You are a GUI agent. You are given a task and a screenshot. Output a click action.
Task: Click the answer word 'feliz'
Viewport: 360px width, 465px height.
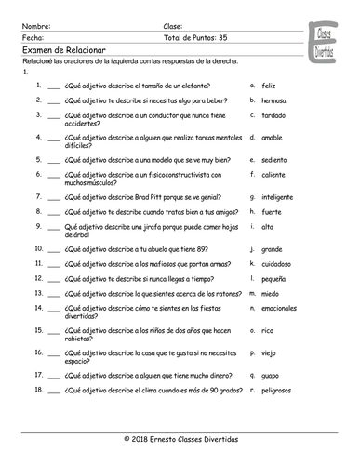coord(268,84)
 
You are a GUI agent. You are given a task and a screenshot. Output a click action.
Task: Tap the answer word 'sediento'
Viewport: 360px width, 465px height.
coord(273,158)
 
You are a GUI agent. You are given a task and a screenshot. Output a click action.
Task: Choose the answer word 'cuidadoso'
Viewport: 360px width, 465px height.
coord(276,263)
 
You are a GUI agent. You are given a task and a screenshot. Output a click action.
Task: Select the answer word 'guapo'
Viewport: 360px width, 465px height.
coord(271,374)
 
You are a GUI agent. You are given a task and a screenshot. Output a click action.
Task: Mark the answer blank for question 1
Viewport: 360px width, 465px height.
coord(53,85)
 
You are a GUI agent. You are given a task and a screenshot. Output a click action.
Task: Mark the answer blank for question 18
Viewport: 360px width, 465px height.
coord(53,392)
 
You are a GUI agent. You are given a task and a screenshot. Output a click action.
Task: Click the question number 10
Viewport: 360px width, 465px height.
coord(37,249)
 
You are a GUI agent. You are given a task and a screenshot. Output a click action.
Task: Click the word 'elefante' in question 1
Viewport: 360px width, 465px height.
coord(207,84)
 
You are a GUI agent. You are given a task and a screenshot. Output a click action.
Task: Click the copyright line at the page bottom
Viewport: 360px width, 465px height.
coord(180,437)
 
